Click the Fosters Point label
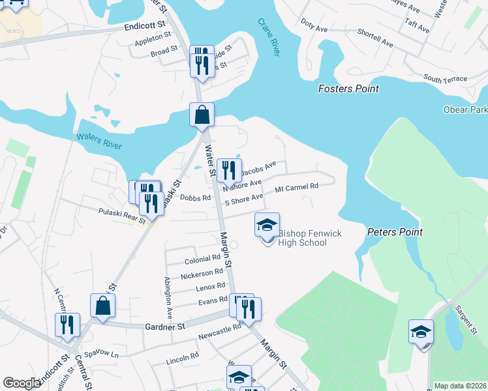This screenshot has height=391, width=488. [x=348, y=89]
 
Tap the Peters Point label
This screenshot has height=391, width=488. [x=395, y=232]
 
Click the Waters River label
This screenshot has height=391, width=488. [x=99, y=139]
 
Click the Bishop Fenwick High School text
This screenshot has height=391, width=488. [x=302, y=238]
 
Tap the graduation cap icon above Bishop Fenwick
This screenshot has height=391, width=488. [x=267, y=225]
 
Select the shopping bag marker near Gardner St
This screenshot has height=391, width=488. [x=103, y=305]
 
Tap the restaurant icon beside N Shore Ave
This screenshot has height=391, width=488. [x=229, y=171]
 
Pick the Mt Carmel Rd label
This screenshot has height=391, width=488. [x=296, y=186]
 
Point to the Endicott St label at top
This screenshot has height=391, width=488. [x=144, y=28]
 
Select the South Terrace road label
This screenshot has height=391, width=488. [x=445, y=79]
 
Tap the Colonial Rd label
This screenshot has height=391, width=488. [x=203, y=258]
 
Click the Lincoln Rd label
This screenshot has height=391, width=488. [x=182, y=357]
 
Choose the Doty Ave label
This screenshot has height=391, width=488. [x=314, y=29]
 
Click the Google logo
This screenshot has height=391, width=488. [x=22, y=383]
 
